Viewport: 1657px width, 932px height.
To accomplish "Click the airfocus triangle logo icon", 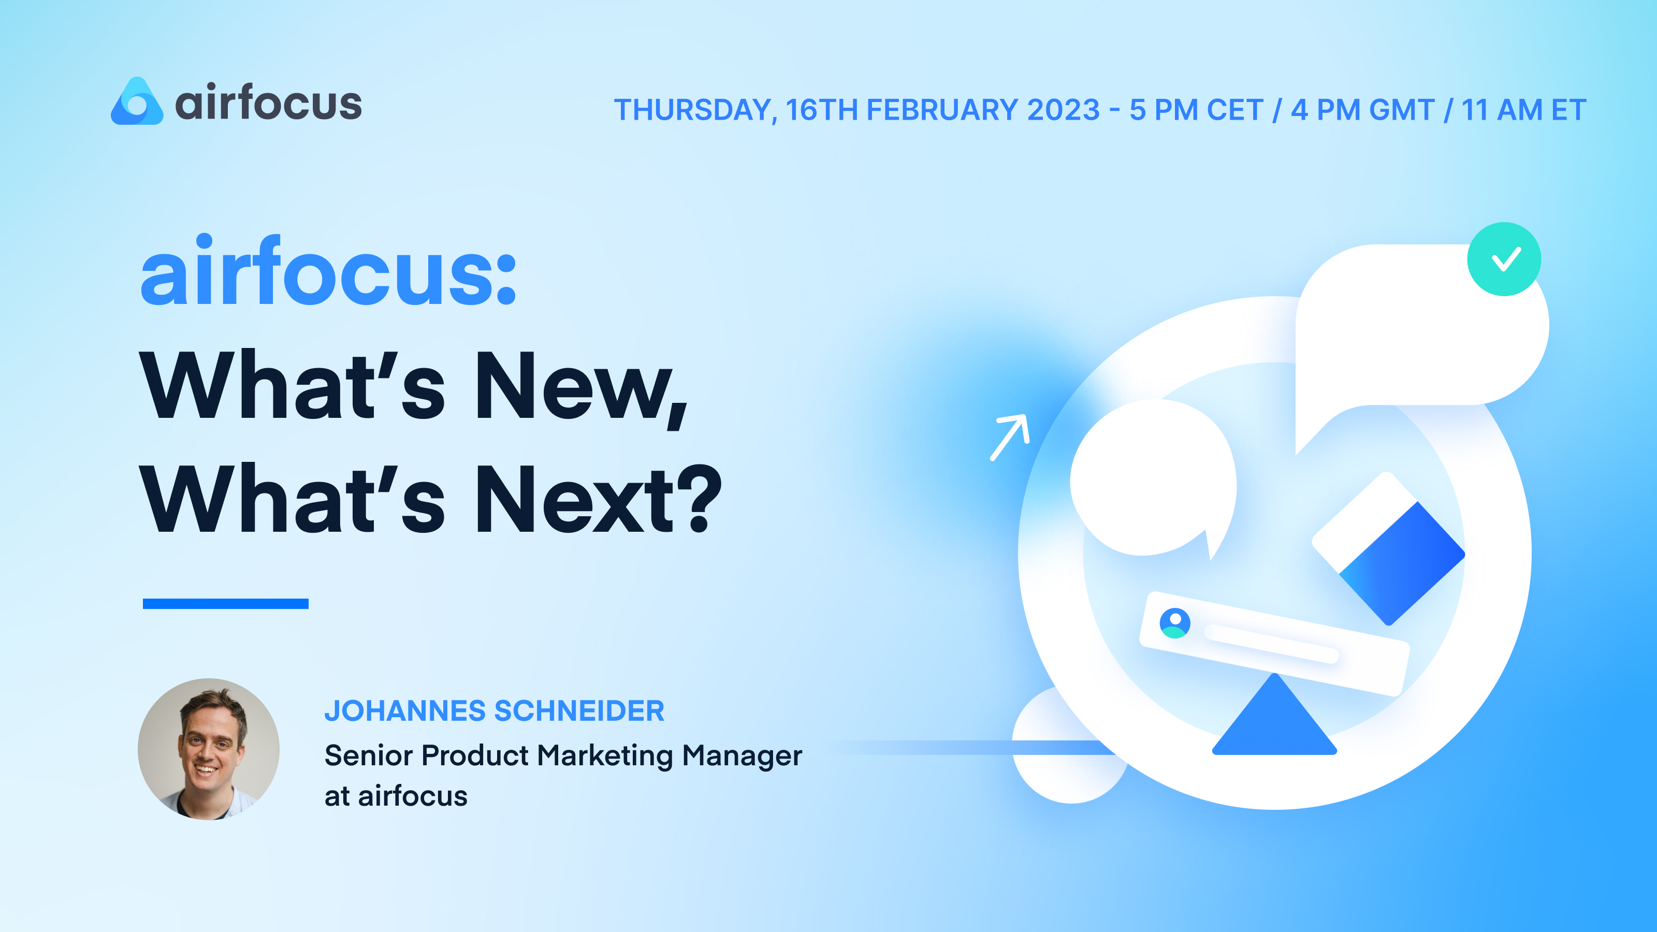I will point(136,103).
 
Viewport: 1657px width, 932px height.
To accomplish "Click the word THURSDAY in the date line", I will point(692,110).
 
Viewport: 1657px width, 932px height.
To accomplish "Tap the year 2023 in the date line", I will point(1063,110).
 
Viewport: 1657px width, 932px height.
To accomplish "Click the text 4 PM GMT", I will point(1362,110).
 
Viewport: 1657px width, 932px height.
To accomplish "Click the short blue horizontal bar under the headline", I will point(225,603).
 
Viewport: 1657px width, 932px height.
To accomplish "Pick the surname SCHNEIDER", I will point(578,711).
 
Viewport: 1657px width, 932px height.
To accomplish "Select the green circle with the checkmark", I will point(1503,259).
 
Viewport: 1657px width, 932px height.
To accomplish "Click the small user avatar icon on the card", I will point(1174,622).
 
